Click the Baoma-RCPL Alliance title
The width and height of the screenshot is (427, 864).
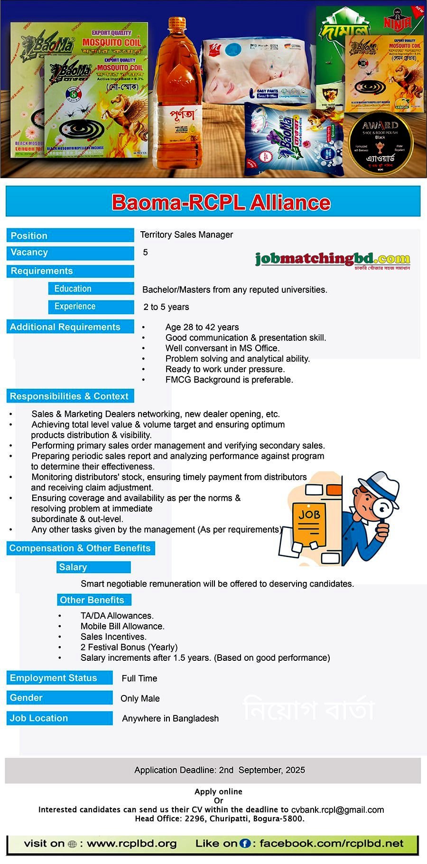pos(221,202)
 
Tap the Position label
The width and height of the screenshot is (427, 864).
pos(29,235)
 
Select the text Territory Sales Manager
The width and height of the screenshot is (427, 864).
pos(186,235)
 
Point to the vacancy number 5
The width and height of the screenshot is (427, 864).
pos(146,252)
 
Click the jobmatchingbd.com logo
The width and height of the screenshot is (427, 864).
pos(332,259)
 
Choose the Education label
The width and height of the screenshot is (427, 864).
pos(73,289)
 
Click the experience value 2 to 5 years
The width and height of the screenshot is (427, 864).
pos(166,307)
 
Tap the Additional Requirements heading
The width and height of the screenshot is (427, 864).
pos(65,327)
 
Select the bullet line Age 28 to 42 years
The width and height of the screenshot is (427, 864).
pos(202,327)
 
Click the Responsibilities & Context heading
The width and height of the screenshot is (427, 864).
pos(69,396)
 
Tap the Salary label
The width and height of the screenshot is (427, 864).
pos(73,567)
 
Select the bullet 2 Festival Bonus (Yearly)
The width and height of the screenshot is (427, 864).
pos(129,647)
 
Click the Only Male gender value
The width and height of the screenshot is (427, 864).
pos(140,698)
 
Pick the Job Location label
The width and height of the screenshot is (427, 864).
pos(39,718)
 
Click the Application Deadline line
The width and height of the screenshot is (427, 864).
pos(219,770)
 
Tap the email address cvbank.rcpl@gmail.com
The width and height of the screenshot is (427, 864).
pos(337,809)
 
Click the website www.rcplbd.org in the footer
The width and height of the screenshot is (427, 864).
pos(131,844)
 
